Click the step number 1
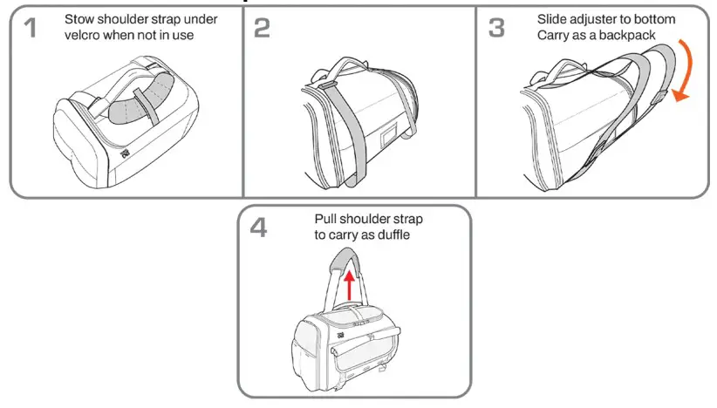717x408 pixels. (x=30, y=29)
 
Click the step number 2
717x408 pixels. (x=262, y=29)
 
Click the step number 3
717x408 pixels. (x=496, y=29)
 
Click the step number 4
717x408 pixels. (x=259, y=228)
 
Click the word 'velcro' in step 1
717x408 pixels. (x=85, y=35)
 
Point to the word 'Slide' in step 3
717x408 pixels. (x=552, y=17)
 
